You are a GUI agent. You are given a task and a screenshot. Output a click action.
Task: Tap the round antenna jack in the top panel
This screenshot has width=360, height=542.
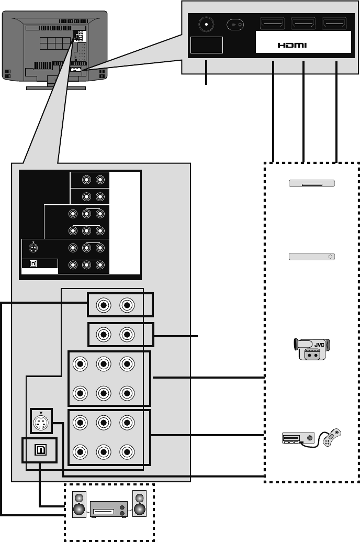pos(206,24)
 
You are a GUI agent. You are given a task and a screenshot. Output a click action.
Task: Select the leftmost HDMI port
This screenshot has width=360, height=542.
pos(273,24)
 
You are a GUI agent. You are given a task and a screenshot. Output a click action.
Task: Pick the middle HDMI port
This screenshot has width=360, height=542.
pos(303,24)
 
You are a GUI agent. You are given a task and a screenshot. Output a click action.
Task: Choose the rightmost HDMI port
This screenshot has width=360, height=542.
pos(335,24)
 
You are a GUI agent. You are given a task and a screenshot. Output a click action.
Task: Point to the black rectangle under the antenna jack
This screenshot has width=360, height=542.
pos(206,45)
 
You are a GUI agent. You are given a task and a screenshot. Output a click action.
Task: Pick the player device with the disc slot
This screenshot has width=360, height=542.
pos(311,184)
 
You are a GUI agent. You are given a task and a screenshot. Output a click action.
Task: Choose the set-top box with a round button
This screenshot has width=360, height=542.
pos(311,257)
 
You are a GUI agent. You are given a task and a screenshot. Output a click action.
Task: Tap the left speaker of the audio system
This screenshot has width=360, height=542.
pos(78,504)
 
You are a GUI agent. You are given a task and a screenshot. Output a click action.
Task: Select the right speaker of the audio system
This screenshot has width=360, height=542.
pos(140,504)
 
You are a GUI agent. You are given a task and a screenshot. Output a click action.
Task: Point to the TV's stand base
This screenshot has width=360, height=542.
pos(55,87)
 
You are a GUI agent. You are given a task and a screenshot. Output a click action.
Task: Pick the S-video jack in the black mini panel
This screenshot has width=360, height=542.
pos(33,248)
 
